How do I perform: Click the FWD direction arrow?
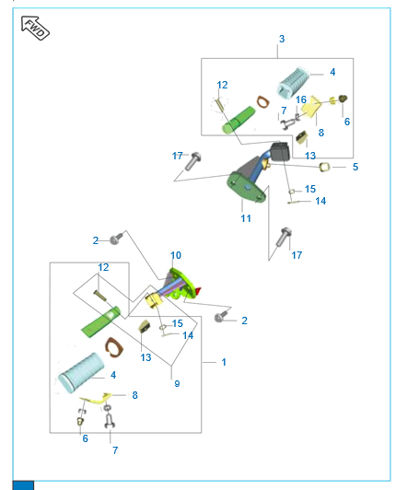point(35,28)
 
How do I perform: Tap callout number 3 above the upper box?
point(282,39)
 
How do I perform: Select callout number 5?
point(355,167)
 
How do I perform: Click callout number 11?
point(246,218)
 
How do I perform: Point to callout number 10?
point(176,255)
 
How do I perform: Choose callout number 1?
point(224,362)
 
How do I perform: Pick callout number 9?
point(177,384)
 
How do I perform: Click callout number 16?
point(301,99)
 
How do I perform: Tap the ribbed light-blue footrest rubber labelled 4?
point(294,82)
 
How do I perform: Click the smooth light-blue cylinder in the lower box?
point(81,373)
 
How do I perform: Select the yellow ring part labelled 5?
point(324,168)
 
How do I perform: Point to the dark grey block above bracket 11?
point(279,151)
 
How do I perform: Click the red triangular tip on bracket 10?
point(198,291)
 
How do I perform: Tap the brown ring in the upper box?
point(262,102)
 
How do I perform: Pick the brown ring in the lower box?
point(114,347)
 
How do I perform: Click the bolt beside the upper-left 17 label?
point(192,161)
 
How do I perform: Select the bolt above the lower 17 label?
point(284,237)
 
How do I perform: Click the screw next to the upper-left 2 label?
point(116,239)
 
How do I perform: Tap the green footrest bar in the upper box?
point(239,121)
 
